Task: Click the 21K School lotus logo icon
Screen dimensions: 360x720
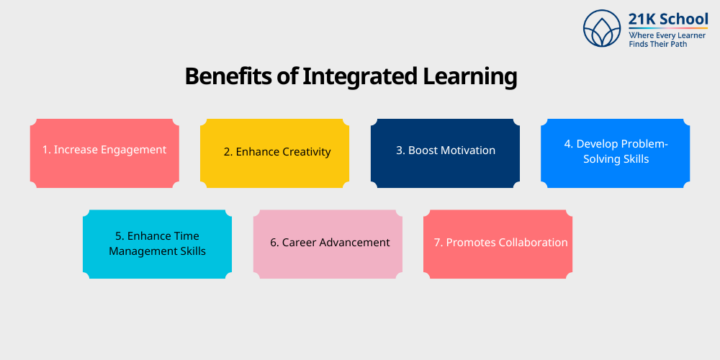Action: click(602, 29)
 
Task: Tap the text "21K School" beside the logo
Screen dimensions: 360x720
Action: click(667, 20)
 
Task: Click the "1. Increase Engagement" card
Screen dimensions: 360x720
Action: click(104, 153)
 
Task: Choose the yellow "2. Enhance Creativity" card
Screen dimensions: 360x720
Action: click(274, 153)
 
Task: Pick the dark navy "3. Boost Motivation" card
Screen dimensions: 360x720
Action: click(445, 153)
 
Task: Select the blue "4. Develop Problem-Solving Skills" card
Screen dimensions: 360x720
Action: click(616, 153)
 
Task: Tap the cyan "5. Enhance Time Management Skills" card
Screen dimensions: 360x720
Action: click(157, 244)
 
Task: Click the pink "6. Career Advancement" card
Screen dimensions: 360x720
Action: click(328, 244)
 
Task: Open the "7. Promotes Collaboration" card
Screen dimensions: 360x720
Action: click(498, 244)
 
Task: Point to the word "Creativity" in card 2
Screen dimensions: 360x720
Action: click(305, 151)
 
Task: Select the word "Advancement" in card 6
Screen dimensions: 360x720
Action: click(355, 243)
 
